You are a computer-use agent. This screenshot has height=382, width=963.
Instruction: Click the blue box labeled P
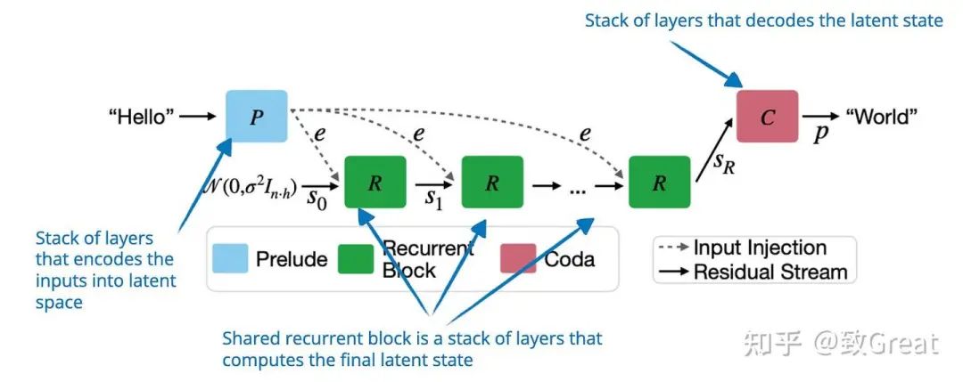[x=257, y=117]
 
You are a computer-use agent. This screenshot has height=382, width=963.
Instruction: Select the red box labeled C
[x=767, y=117]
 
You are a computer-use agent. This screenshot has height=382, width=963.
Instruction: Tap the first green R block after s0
[x=375, y=183]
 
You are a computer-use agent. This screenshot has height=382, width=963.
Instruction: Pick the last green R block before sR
[x=659, y=183]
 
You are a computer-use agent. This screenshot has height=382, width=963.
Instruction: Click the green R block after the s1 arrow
[x=492, y=183]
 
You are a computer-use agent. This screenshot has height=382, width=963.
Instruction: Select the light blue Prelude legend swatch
[x=229, y=258]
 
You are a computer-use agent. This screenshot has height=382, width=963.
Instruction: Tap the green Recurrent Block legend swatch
[x=356, y=258]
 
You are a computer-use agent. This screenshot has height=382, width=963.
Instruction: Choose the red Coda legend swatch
[x=518, y=258]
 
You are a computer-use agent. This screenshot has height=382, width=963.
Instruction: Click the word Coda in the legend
[x=571, y=260]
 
